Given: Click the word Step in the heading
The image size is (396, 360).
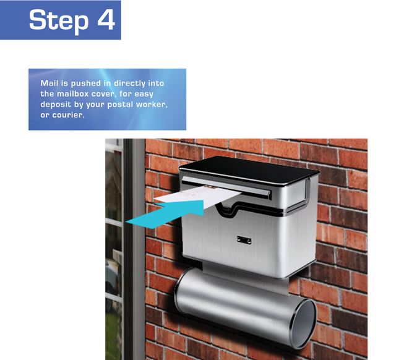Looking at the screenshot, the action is tap(59, 20).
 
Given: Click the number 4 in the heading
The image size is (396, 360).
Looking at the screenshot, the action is tap(106, 19).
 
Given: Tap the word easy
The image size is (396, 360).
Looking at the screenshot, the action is tap(144, 94).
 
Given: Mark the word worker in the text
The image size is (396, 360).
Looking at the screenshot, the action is tap(152, 105).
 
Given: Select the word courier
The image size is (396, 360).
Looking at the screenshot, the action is tap(68, 115).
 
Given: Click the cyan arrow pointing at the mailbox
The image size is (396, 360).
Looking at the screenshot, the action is tap(165, 214).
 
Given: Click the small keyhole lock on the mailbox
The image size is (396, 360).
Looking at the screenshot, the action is tap(244, 240).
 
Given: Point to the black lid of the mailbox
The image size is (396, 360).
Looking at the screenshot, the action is tap(249, 169).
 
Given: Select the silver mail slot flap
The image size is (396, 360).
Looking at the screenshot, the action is tap(226, 187).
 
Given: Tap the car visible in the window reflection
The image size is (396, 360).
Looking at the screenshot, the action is tap(112, 278).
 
